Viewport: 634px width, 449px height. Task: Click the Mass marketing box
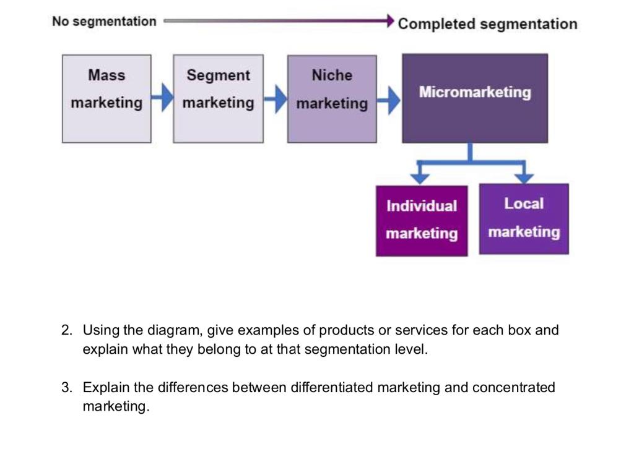coord(106,99)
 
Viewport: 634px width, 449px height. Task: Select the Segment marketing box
coord(218,99)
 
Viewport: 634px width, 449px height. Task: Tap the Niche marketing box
coord(332,99)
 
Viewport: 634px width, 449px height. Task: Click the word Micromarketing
coord(475,92)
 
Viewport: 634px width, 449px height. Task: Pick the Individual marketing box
coord(422,220)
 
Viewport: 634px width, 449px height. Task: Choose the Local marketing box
coord(524,218)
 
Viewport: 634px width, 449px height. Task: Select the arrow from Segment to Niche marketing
coord(276,98)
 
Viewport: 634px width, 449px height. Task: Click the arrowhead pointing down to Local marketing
coord(524,177)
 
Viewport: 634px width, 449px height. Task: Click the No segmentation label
coord(104,22)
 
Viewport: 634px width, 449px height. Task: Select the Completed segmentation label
coord(487,24)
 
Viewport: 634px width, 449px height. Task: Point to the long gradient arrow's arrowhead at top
coord(390,21)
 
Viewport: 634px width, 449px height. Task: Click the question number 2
coord(66,330)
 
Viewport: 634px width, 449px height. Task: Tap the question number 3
coord(66,388)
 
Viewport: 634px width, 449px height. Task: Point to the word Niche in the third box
coord(332,75)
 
